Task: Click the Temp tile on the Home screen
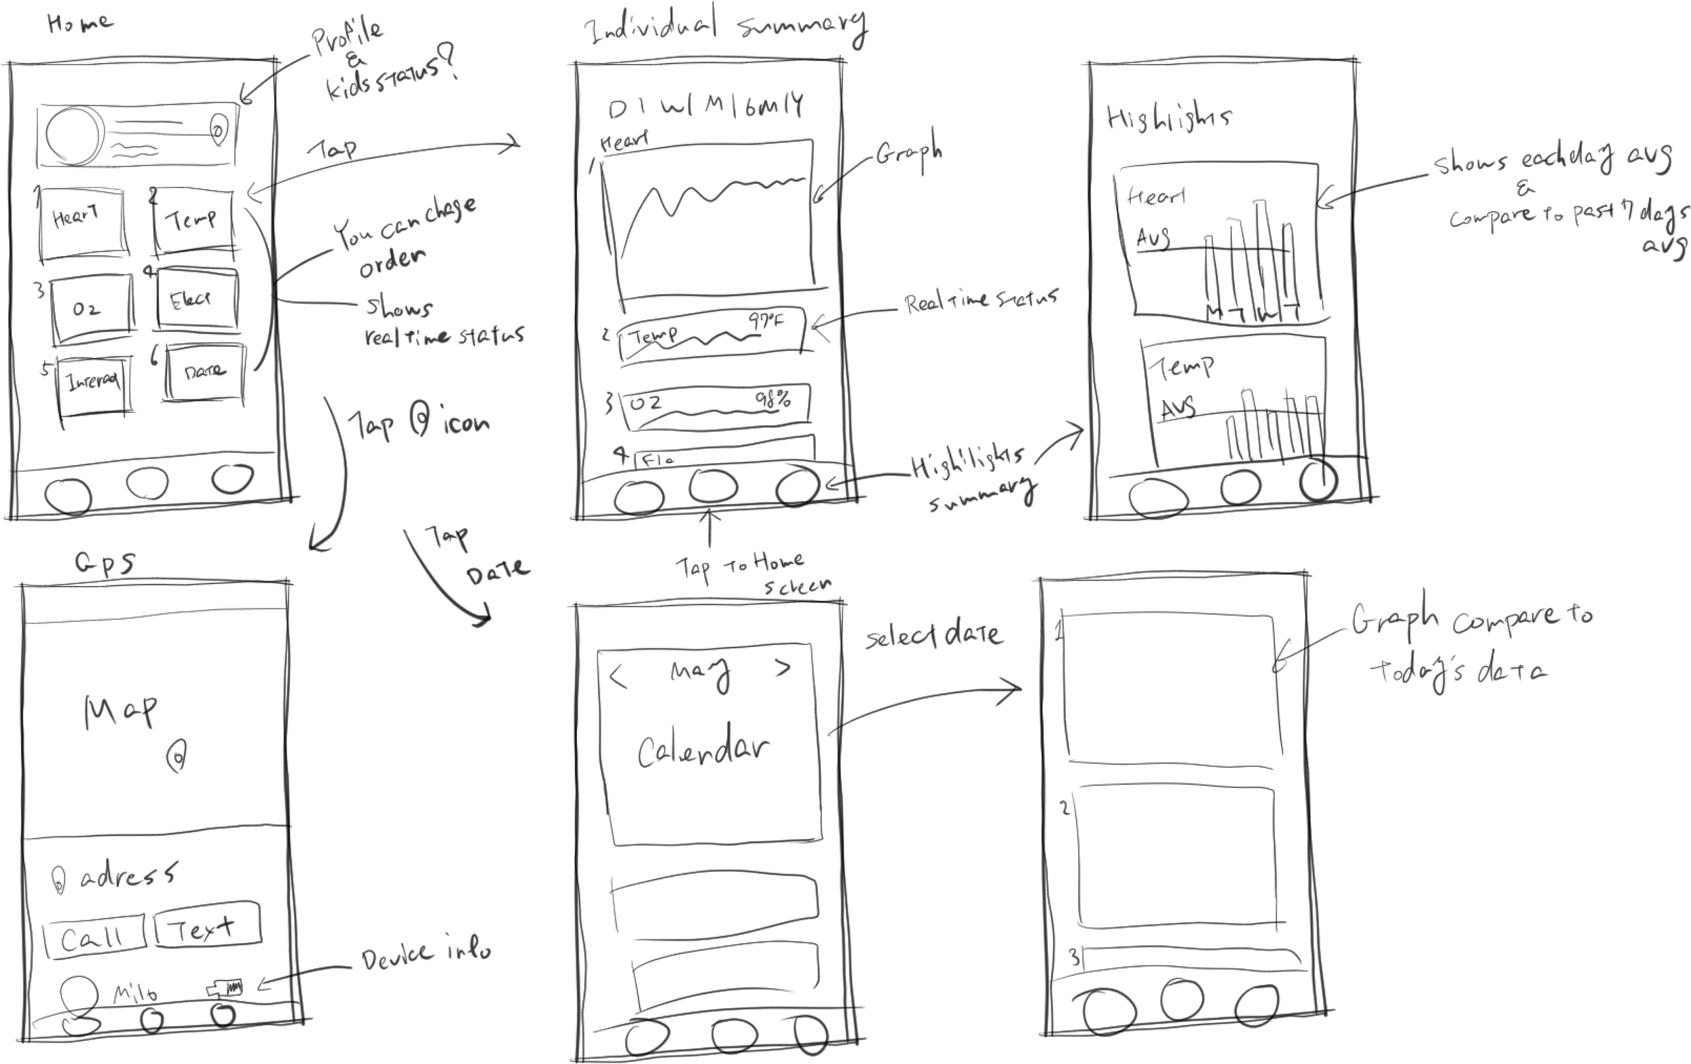point(193,220)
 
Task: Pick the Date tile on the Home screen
point(206,372)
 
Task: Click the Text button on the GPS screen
point(206,925)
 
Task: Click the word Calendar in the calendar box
point(702,749)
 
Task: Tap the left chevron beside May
point(618,677)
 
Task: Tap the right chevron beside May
point(783,668)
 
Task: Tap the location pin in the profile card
point(218,130)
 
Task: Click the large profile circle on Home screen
point(73,134)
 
